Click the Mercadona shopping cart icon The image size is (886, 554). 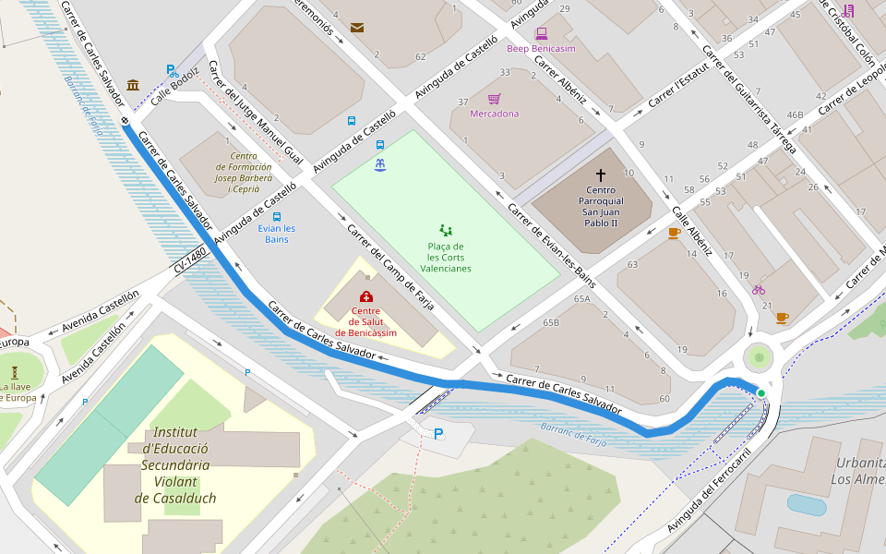[494, 99]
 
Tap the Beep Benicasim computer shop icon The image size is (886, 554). [542, 33]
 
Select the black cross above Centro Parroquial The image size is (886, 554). [601, 175]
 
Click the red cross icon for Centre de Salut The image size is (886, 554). [366, 296]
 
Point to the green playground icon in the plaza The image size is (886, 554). [446, 230]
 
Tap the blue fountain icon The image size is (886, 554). [379, 164]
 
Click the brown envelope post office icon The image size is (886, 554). [357, 28]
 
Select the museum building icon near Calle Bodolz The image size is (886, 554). [133, 85]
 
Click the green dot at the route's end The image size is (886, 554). [761, 394]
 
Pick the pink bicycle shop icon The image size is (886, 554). [759, 289]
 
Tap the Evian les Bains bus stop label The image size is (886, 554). [277, 234]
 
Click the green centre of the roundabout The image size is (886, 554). [760, 356]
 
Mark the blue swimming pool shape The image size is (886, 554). [806, 505]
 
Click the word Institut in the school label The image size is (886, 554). [175, 432]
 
